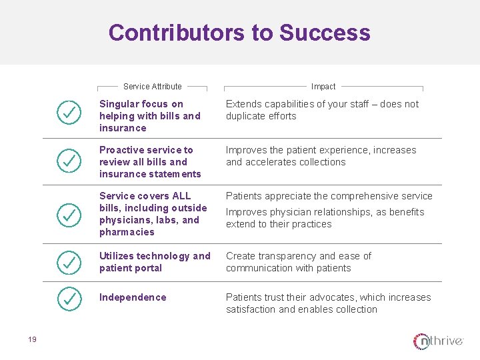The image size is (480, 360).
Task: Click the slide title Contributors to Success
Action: [x=239, y=32]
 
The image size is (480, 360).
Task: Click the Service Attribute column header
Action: [x=152, y=86]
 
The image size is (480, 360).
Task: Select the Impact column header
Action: [x=323, y=86]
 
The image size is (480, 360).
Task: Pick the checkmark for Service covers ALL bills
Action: [x=69, y=214]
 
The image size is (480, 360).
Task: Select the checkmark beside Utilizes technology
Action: [x=69, y=263]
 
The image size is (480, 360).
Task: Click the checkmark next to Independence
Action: [x=69, y=299]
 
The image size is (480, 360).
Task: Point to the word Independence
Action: [x=133, y=297]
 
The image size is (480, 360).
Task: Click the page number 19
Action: [x=32, y=340]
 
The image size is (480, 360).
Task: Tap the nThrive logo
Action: [x=438, y=341]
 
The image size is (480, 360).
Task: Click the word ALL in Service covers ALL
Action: [x=181, y=196]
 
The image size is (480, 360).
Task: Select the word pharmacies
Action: [x=127, y=232]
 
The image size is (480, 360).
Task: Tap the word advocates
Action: [x=321, y=297]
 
